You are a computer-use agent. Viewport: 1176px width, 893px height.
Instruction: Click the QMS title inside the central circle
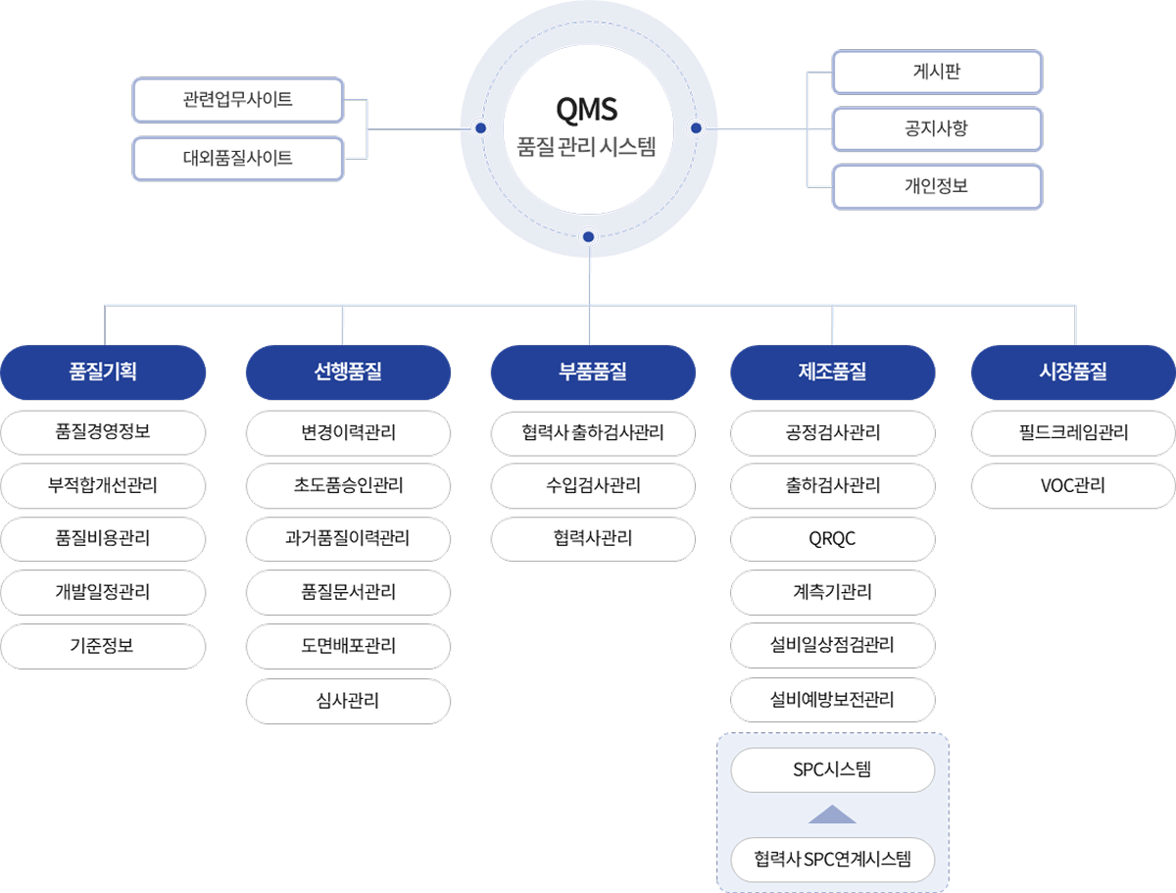(x=587, y=106)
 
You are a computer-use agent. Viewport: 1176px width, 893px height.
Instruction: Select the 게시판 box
(x=937, y=72)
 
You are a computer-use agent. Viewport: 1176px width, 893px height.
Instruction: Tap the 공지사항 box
(x=937, y=128)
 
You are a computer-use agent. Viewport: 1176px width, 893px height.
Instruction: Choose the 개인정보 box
(x=937, y=186)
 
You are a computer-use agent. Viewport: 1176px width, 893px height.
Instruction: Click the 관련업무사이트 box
(x=238, y=100)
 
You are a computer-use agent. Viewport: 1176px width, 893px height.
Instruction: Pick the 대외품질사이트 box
(x=238, y=158)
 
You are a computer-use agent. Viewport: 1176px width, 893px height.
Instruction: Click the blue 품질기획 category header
(x=103, y=372)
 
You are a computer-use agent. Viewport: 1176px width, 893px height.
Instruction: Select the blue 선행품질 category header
(x=348, y=372)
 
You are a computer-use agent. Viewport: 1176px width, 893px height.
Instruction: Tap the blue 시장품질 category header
(x=1073, y=372)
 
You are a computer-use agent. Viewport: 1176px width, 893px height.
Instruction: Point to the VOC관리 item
(x=1073, y=486)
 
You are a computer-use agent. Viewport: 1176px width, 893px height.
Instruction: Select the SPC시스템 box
(x=833, y=770)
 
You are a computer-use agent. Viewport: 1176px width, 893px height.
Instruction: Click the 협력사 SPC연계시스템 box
(x=833, y=861)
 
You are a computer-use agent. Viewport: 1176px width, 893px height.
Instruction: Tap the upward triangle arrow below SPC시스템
(x=833, y=815)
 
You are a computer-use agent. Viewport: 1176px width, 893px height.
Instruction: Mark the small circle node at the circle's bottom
(x=588, y=236)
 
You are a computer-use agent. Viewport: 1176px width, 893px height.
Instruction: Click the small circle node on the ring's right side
(x=696, y=128)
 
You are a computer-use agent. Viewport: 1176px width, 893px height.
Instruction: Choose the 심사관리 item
(x=348, y=701)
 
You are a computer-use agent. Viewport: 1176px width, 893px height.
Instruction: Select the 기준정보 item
(x=103, y=647)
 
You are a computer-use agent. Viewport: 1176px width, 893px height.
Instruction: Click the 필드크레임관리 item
(x=1073, y=432)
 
